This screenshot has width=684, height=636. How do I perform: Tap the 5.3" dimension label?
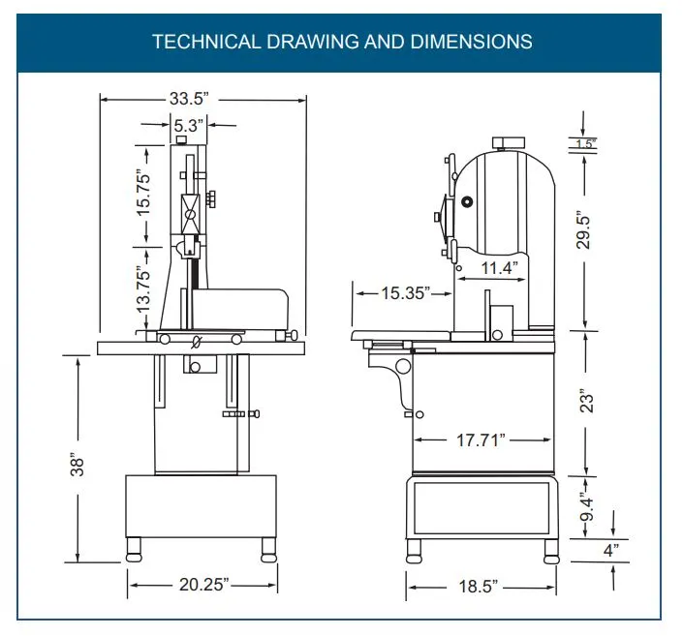[x=188, y=124]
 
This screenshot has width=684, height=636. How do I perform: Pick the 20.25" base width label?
[x=202, y=585]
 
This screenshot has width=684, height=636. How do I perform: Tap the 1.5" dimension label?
[x=584, y=144]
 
